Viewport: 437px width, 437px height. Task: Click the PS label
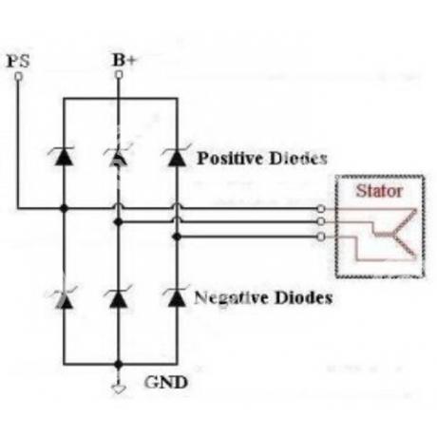click(x=18, y=61)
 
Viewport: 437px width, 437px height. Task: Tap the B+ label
click(x=123, y=60)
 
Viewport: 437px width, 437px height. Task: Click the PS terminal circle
click(x=19, y=76)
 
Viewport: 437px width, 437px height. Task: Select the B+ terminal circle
click(x=119, y=75)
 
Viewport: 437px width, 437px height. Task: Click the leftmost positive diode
click(x=63, y=156)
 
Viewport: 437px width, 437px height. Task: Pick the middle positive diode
click(x=118, y=156)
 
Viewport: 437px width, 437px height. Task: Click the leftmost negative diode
click(x=64, y=297)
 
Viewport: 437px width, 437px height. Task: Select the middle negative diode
click(x=119, y=297)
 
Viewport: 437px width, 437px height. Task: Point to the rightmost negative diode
click(x=177, y=297)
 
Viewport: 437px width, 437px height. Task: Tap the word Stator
click(x=379, y=191)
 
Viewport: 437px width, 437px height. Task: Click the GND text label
click(x=166, y=382)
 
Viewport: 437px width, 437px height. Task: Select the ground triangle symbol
click(x=119, y=389)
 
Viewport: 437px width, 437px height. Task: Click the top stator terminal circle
click(x=321, y=209)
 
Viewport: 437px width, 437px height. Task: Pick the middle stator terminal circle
click(x=321, y=221)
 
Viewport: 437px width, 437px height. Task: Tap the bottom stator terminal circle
click(x=321, y=237)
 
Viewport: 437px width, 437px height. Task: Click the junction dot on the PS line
click(x=65, y=208)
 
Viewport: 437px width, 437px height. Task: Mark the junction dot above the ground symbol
click(x=119, y=365)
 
